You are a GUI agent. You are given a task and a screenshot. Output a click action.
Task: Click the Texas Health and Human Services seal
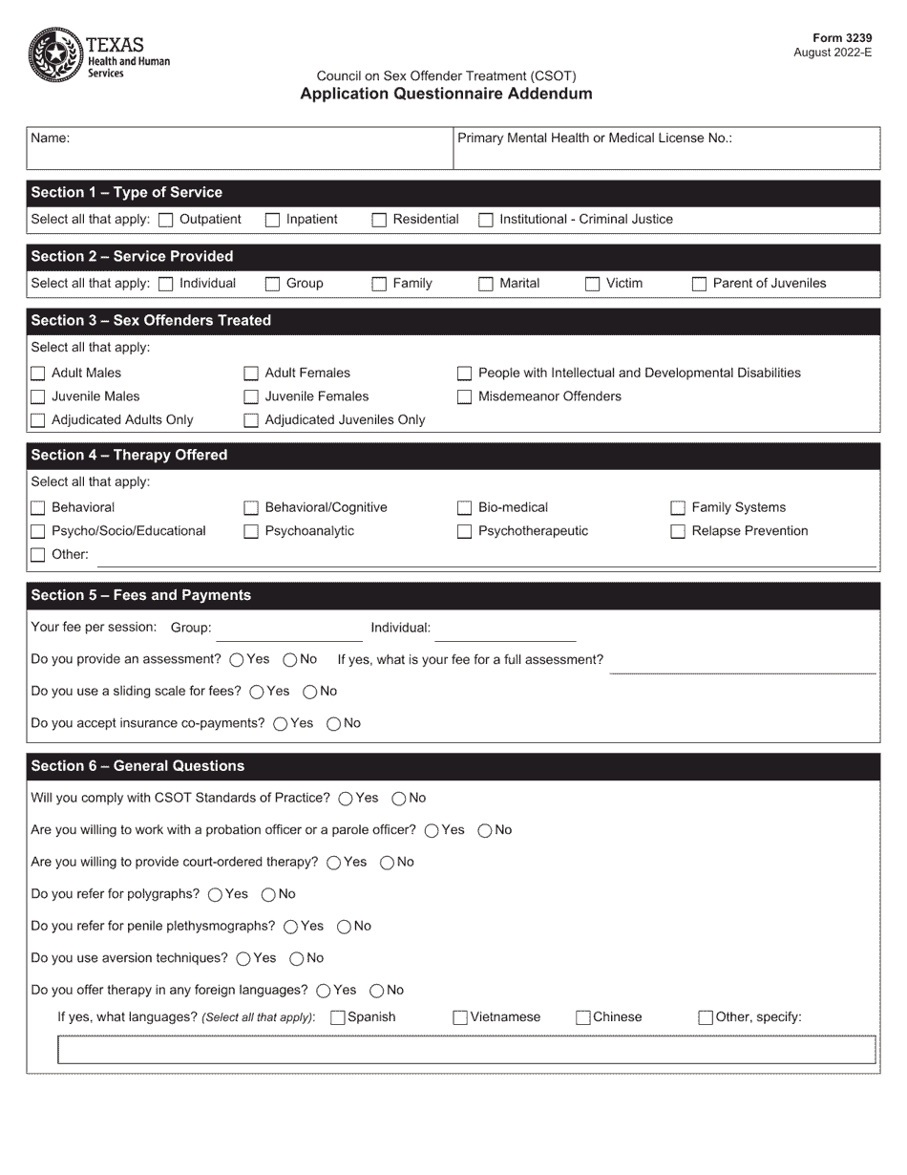point(55,54)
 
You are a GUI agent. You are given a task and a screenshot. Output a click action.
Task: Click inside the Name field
point(239,149)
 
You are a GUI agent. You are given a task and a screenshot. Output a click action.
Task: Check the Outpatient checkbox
point(166,220)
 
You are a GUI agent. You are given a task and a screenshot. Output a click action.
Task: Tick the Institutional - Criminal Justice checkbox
point(486,220)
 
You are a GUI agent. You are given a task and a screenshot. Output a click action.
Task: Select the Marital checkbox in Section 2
point(486,284)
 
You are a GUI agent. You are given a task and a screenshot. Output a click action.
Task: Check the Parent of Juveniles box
point(699,284)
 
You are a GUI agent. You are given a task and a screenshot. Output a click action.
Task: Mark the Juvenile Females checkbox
point(251,396)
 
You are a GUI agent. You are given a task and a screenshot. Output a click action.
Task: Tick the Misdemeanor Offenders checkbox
point(465,396)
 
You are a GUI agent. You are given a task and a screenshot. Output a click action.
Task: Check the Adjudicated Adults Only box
point(38,420)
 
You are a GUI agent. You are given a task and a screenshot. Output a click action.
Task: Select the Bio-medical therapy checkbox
point(465,508)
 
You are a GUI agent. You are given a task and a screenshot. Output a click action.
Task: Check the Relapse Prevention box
point(678,531)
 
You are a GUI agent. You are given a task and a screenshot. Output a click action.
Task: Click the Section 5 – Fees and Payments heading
point(141,595)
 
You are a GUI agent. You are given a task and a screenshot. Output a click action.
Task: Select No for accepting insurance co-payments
point(334,724)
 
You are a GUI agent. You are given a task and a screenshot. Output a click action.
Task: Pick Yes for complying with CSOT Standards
point(346,799)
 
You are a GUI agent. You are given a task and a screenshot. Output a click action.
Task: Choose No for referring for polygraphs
point(268,895)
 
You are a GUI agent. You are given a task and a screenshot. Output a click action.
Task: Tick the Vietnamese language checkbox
point(460,1018)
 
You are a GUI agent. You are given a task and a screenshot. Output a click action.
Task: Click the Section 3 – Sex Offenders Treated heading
point(151,321)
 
